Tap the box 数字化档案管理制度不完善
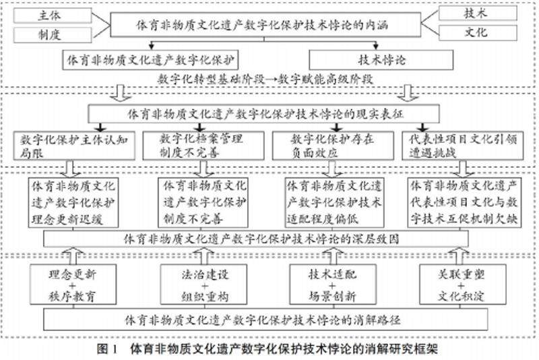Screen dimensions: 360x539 (x=200, y=144)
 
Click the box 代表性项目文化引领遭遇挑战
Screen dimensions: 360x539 (x=459, y=144)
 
